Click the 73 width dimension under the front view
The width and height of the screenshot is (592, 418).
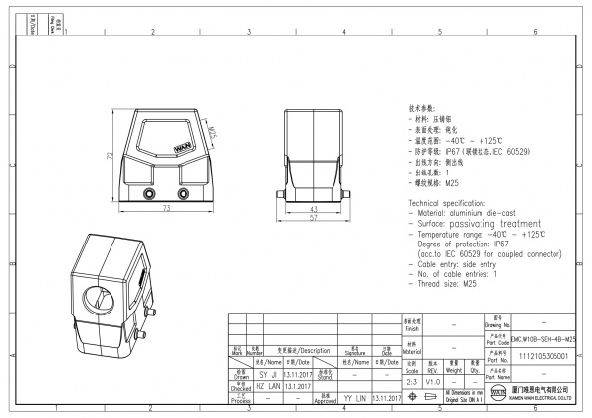click(166, 210)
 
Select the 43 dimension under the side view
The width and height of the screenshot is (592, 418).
click(313, 210)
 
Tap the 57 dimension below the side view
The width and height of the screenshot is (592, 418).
click(313, 219)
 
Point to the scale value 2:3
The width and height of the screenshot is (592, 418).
click(412, 381)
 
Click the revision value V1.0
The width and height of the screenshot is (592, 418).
click(433, 381)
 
